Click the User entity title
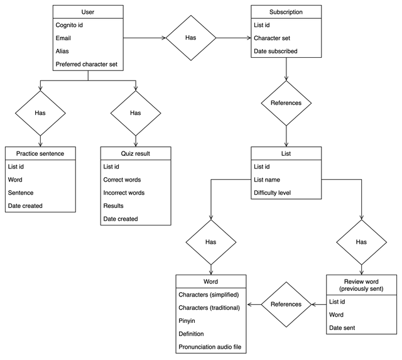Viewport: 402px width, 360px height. (x=88, y=12)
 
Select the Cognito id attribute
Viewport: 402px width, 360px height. (x=69, y=25)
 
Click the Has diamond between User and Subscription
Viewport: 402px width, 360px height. (x=191, y=38)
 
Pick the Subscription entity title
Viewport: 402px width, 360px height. (x=286, y=12)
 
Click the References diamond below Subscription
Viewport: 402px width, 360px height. (x=286, y=102)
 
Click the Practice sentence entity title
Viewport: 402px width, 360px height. (x=40, y=153)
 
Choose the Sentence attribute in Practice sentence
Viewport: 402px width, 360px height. (x=21, y=193)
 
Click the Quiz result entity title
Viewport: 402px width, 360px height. (x=135, y=153)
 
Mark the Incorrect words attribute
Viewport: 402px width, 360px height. (x=124, y=193)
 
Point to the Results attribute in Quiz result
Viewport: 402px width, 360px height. (x=114, y=205)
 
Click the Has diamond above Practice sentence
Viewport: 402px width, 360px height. (x=40, y=113)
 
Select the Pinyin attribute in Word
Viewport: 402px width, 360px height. (x=188, y=320)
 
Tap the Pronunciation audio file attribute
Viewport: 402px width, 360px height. (x=211, y=346)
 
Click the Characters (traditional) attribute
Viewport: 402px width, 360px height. (x=212, y=307)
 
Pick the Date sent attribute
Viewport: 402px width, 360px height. (x=343, y=327)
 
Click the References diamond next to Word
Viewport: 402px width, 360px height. (x=286, y=304)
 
